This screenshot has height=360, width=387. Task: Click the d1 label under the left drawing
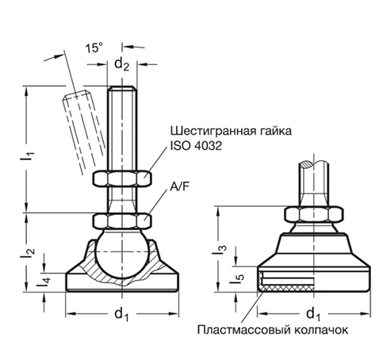click(x=121, y=315)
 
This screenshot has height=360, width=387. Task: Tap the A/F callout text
click(x=181, y=189)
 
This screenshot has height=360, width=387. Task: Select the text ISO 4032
click(x=195, y=147)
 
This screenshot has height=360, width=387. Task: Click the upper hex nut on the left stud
click(x=121, y=178)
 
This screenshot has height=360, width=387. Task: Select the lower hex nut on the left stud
click(x=121, y=220)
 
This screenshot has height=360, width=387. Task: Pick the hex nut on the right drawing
click(x=315, y=213)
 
